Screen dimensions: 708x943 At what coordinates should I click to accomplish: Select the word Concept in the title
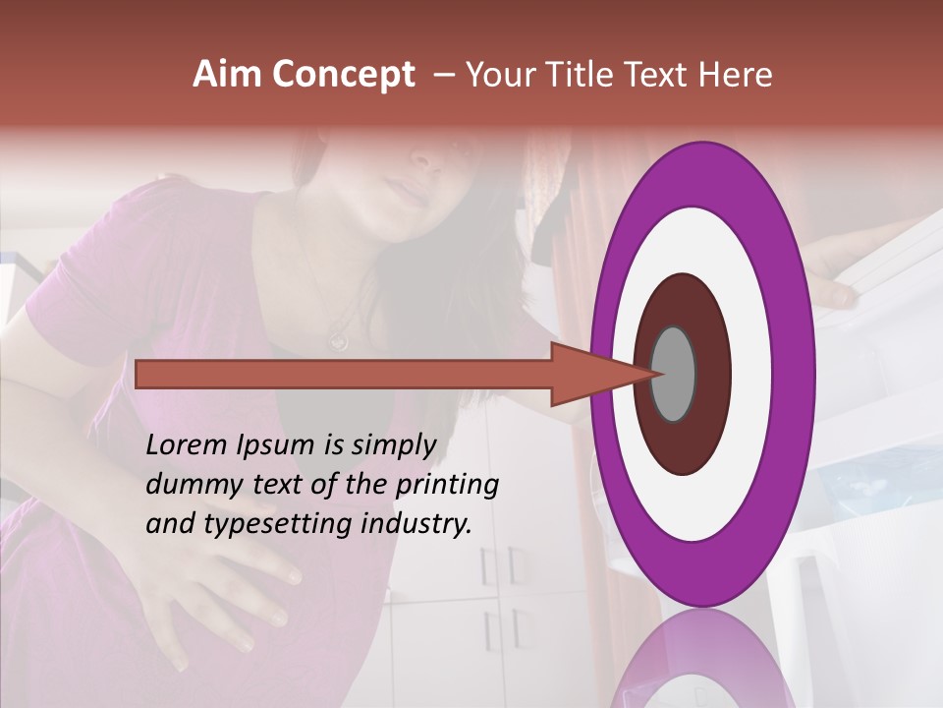tap(342, 75)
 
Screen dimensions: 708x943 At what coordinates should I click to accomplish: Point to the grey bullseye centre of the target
tap(674, 374)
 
